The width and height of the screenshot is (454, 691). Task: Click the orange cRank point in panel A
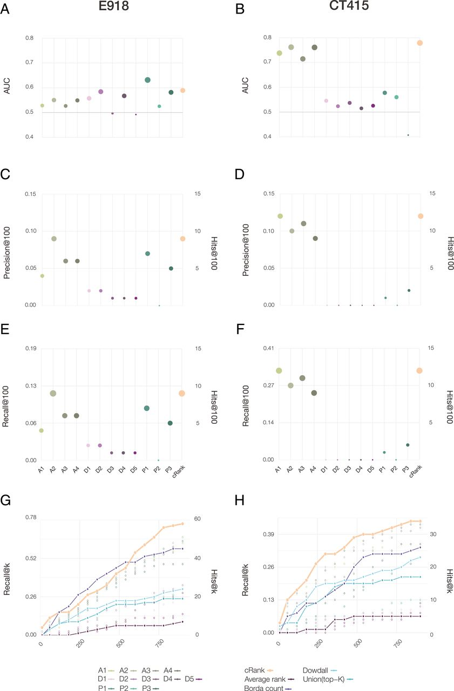(183, 91)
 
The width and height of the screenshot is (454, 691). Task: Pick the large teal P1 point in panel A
(148, 80)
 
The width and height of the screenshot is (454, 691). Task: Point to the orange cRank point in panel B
(419, 43)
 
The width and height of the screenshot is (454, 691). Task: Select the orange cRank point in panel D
(419, 216)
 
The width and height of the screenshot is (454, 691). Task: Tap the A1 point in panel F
(279, 370)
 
